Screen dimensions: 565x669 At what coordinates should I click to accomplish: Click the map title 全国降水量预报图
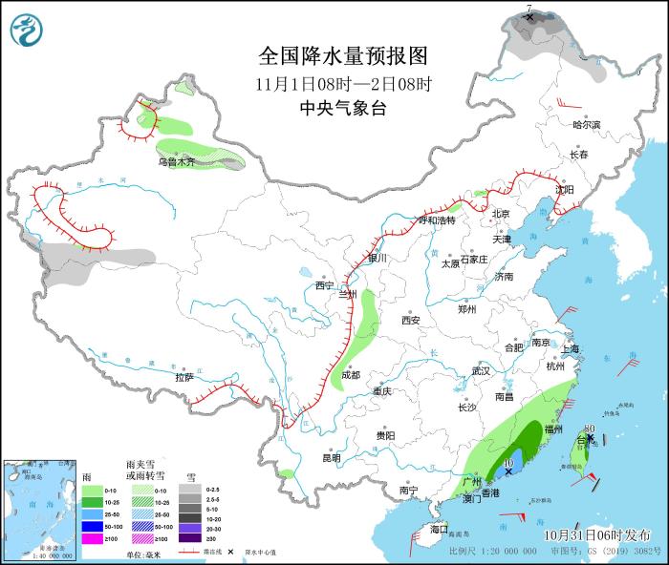tap(342, 54)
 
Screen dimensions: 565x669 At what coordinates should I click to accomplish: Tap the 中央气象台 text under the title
tap(342, 108)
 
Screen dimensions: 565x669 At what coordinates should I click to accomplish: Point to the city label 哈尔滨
tap(586, 125)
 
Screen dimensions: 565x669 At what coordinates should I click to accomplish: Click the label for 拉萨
tap(184, 377)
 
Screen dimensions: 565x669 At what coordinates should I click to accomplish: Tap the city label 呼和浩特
tap(437, 220)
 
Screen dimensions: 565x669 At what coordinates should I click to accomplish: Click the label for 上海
tap(571, 349)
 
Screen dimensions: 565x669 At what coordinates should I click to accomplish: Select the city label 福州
tap(552, 429)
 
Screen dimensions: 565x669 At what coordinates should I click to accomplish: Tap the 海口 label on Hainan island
tap(439, 528)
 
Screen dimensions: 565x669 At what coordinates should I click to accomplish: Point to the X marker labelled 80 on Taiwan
tap(591, 438)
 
